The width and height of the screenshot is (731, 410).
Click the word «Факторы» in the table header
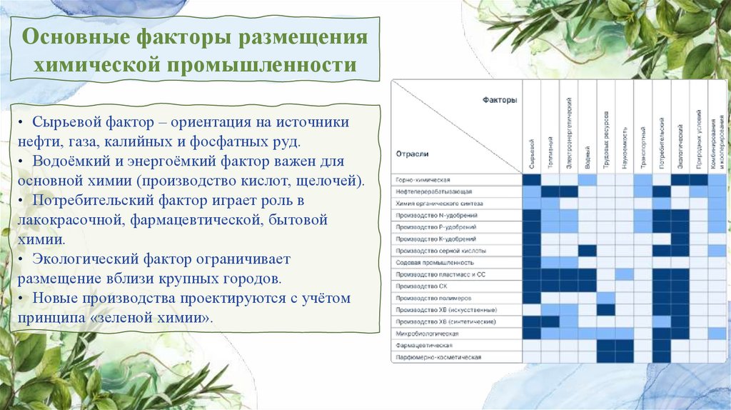point(499,101)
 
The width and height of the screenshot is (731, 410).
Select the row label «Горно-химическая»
point(423,180)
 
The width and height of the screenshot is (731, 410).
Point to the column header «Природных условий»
point(699,139)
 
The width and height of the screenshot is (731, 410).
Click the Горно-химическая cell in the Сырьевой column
point(532,180)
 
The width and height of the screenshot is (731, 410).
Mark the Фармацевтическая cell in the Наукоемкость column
point(625,345)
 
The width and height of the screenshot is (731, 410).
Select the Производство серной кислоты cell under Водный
point(587,251)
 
